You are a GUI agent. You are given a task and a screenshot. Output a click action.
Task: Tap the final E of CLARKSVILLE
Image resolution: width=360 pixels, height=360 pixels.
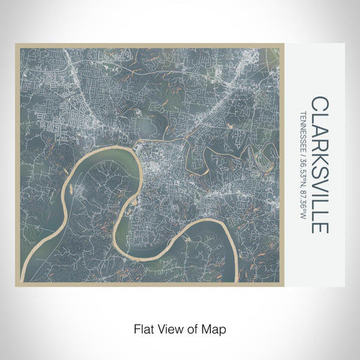coord(317,226)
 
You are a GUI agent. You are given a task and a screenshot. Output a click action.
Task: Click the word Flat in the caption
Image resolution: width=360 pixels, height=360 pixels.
coord(143,328)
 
